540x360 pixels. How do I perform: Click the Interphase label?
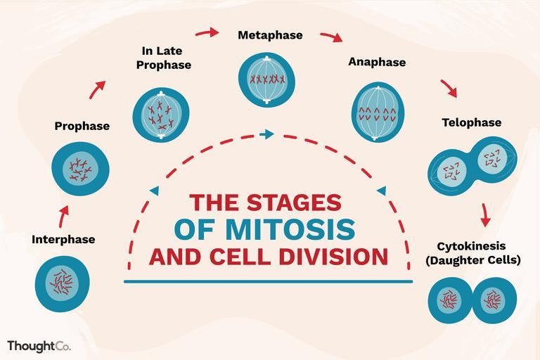63,240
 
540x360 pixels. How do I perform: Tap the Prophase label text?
82,127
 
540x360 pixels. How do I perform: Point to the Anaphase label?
377,63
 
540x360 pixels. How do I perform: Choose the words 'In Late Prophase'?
167,58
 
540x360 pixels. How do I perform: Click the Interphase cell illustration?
63,283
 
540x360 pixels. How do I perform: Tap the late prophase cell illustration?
161,115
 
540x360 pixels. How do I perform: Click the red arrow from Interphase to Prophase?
63,215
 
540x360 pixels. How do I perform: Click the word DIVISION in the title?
334,256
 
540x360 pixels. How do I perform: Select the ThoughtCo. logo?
39,346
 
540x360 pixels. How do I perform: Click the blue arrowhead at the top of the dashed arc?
266,134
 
